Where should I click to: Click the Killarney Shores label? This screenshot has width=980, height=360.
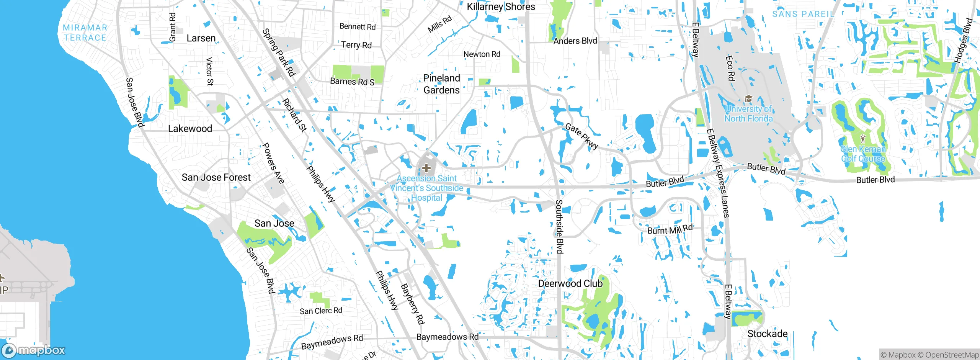click(x=501, y=7)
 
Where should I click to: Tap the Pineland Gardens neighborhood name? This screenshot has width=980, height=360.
click(x=441, y=84)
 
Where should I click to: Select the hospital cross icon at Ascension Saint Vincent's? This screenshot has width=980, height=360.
click(x=426, y=168)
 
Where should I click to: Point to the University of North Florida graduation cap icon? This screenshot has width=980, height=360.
click(x=748, y=98)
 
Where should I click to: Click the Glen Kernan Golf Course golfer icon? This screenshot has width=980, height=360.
click(x=863, y=139)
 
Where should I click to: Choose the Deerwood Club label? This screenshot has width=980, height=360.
click(x=570, y=283)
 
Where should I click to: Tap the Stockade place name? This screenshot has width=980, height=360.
click(x=767, y=334)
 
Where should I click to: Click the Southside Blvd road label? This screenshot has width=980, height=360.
click(x=559, y=226)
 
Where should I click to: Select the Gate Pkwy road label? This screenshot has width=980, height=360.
click(x=581, y=136)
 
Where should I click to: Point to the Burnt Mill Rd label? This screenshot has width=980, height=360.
click(x=670, y=229)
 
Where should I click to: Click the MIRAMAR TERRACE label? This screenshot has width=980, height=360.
click(x=85, y=33)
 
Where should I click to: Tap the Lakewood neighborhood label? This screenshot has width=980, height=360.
click(x=190, y=129)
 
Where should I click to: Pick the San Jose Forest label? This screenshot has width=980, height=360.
click(x=216, y=177)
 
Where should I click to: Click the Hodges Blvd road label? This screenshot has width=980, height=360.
click(x=963, y=40)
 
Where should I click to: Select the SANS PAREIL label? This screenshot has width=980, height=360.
click(x=803, y=14)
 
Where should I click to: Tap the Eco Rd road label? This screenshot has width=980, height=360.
click(x=730, y=68)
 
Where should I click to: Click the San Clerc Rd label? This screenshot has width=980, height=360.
click(x=321, y=311)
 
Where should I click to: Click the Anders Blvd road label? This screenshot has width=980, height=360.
click(x=575, y=41)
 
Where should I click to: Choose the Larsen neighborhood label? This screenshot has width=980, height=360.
click(x=201, y=38)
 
